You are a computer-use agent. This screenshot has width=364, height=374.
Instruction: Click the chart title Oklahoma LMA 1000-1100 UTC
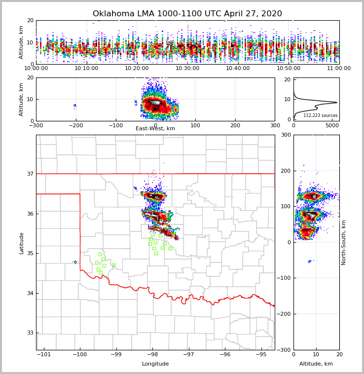point(187,14)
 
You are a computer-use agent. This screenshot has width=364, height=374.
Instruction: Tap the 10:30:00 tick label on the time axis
point(187,69)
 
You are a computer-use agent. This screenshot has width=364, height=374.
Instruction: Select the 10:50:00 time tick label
point(289,69)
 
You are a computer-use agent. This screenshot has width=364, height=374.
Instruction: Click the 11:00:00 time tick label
point(339,69)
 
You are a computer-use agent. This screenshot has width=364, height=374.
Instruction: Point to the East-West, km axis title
point(155,129)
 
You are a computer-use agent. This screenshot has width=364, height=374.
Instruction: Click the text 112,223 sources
point(320,116)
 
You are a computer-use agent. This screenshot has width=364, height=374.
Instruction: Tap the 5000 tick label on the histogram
point(331,126)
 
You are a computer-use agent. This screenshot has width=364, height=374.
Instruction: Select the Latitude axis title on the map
point(21,243)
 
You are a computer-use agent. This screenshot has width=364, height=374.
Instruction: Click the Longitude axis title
point(155,364)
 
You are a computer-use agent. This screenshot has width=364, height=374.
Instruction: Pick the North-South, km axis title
point(344,242)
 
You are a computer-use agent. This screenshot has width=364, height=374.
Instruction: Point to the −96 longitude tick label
point(225,354)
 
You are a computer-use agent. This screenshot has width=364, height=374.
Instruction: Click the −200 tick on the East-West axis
point(75,125)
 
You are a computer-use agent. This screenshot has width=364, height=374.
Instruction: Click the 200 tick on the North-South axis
point(285,171)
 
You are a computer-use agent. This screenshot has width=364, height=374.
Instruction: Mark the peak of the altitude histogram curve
point(337,103)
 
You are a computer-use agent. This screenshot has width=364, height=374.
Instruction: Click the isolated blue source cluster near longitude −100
point(75,262)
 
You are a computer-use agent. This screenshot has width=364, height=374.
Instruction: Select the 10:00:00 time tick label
point(36,69)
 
